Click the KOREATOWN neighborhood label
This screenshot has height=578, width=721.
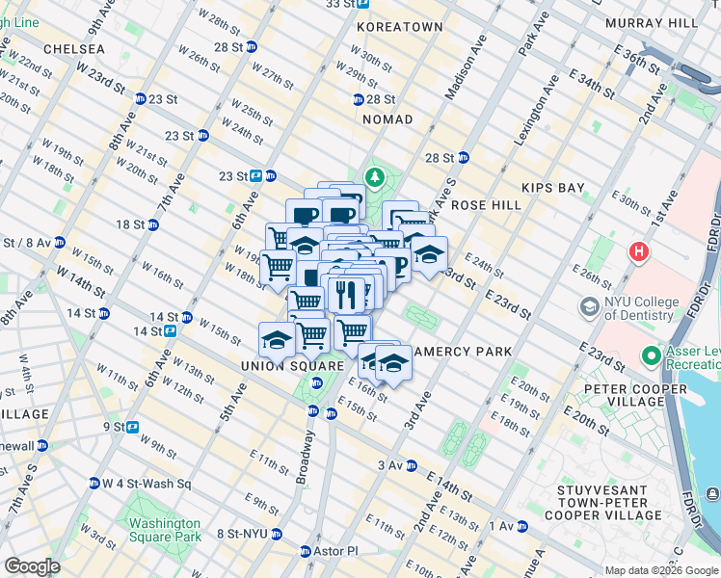399,28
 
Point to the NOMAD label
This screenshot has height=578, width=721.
387,119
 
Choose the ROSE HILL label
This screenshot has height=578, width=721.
486,205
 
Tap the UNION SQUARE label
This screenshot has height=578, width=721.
293,366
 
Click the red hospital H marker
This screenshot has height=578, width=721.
637,252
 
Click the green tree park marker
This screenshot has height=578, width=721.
374,178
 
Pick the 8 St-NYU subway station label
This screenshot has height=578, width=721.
241,533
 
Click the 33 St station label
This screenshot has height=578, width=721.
338,4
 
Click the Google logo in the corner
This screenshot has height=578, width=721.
32,566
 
